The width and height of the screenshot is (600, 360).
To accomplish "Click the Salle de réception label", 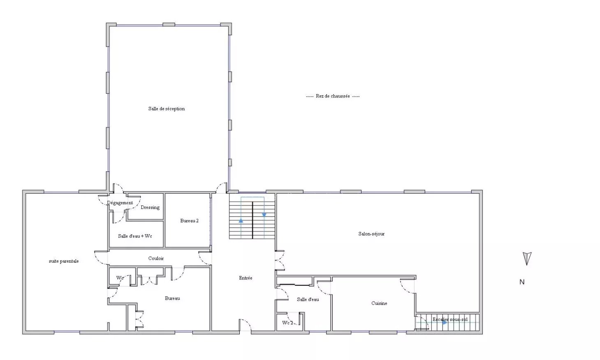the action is [166, 108].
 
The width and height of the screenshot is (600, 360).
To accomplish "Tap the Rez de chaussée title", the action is [333, 96].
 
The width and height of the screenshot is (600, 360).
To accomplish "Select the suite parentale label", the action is [64, 261].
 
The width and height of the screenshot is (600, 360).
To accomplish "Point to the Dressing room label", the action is [150, 208].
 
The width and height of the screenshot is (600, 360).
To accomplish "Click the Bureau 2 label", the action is [189, 221].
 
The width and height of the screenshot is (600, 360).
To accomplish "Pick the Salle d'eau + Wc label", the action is [135, 236].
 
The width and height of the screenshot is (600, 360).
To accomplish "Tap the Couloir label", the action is [156, 258].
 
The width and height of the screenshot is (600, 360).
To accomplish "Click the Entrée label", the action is [246, 278].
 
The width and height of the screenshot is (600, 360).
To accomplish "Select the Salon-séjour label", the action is [371, 234].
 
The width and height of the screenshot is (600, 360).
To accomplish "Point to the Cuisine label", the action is [379, 303].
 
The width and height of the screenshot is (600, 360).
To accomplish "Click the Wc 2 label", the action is [288, 323].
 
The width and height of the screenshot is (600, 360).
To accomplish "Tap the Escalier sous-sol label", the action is [450, 319].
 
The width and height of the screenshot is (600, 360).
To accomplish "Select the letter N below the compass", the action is [522, 282].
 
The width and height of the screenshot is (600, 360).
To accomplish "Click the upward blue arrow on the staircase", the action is [241, 221].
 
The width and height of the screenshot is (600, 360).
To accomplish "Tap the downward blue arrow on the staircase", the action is [264, 215].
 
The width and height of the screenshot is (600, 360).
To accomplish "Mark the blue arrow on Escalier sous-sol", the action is [445, 323].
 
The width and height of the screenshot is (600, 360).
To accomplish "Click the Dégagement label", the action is [120, 203].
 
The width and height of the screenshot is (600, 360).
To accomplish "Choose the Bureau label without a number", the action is [172, 298].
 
